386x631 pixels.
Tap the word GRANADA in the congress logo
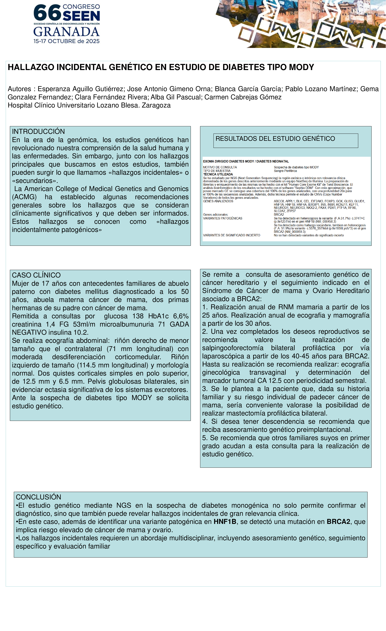click(66, 32)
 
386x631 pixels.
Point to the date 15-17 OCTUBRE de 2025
click(66, 41)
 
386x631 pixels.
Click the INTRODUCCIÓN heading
click(38, 131)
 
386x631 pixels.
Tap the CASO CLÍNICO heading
click(36, 275)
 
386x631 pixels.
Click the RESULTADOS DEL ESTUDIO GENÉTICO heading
click(275, 139)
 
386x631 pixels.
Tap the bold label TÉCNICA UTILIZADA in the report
click(218, 174)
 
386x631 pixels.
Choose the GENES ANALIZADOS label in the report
click(218, 201)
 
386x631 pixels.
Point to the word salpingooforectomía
click(233, 348)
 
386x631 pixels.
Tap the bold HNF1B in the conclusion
click(225, 522)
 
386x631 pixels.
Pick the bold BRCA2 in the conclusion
click(338, 522)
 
